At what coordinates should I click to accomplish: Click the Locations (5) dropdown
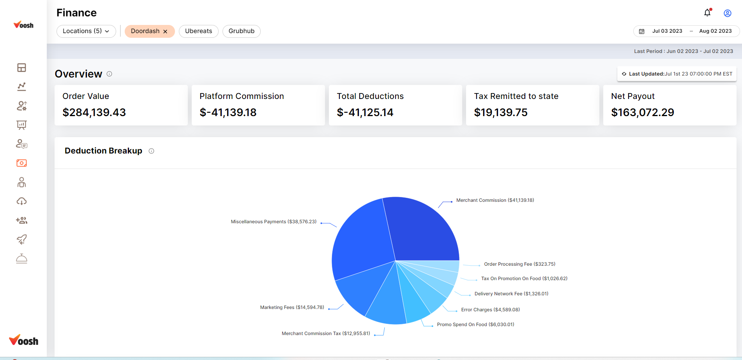86,31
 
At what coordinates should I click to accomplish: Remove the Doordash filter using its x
165,32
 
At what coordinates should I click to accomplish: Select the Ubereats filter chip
198,31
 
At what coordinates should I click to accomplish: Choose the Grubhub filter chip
241,31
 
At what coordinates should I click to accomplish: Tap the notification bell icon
707,13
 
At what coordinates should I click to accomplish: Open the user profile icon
727,13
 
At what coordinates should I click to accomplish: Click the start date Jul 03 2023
667,31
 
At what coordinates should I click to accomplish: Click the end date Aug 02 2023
715,31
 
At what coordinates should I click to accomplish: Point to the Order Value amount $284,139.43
94,113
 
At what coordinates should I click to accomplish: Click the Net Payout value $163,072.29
643,113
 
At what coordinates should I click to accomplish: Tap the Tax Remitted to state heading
516,96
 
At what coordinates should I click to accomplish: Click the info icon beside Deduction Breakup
152,151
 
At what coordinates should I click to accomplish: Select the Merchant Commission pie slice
421,230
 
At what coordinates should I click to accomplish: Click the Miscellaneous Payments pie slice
362,242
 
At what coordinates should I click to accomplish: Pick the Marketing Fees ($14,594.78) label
292,307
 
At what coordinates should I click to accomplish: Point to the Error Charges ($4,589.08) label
490,310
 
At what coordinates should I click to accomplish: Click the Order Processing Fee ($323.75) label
519,264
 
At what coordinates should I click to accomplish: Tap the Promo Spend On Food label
475,325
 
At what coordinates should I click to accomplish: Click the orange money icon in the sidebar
22,163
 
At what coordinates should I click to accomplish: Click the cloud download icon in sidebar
22,201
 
